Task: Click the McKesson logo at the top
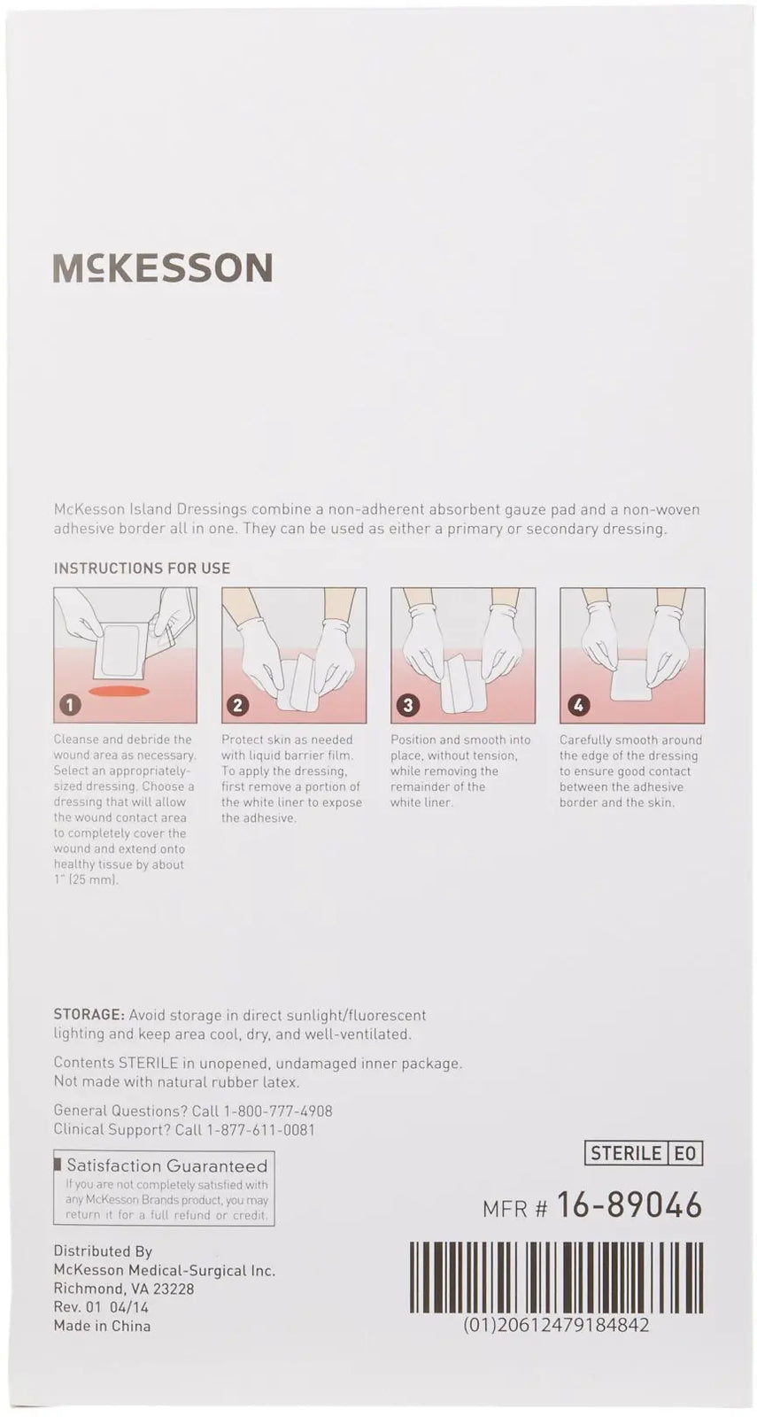click(x=163, y=267)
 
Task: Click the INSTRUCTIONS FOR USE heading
click(x=142, y=568)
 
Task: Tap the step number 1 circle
click(x=70, y=705)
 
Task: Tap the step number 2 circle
click(x=237, y=705)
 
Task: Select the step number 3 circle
click(x=406, y=705)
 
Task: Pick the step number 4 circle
click(x=577, y=705)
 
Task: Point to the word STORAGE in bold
click(x=88, y=1015)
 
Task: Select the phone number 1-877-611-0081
click(x=260, y=1129)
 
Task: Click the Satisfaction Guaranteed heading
click(x=166, y=1165)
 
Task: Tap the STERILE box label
click(x=625, y=1152)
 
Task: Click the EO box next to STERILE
click(x=686, y=1152)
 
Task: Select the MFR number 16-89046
click(x=630, y=1205)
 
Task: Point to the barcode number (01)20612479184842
click(x=556, y=1325)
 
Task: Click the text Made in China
click(x=102, y=1326)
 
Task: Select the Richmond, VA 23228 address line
click(x=124, y=1289)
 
